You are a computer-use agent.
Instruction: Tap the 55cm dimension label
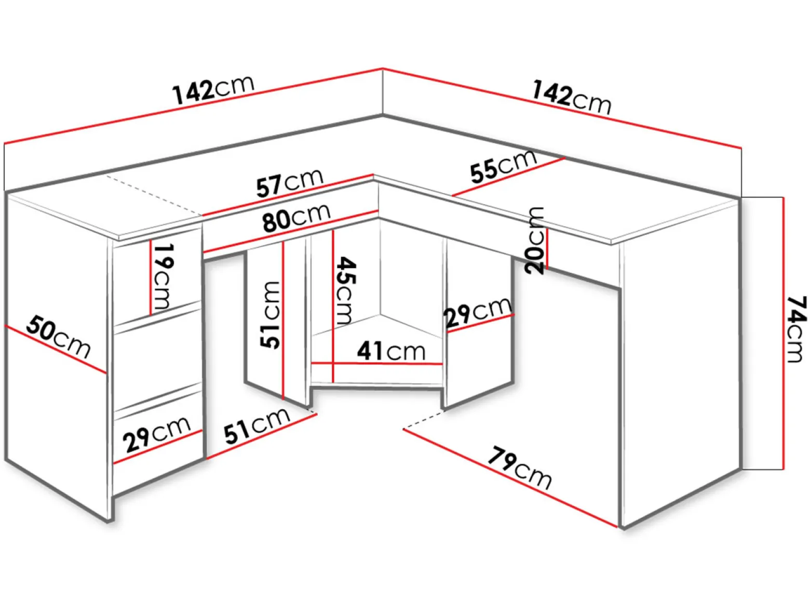(x=504, y=167)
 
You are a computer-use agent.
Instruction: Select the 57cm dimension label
(x=290, y=183)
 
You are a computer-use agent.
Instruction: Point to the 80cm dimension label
(x=296, y=217)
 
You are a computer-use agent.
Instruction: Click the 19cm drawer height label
(x=163, y=277)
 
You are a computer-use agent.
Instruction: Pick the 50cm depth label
(x=58, y=337)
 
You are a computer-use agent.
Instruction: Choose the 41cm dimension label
(x=391, y=351)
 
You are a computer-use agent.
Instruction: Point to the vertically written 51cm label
(x=270, y=315)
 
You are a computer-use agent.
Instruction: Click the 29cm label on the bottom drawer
(x=157, y=434)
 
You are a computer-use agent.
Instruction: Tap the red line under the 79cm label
(x=510, y=478)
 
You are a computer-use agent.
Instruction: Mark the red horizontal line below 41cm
(x=377, y=364)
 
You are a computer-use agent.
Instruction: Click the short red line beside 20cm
(x=547, y=249)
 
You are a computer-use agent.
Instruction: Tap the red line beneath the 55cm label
(x=509, y=177)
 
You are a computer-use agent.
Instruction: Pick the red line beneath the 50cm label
(x=56, y=349)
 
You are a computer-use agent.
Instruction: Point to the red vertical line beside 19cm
(x=151, y=278)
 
